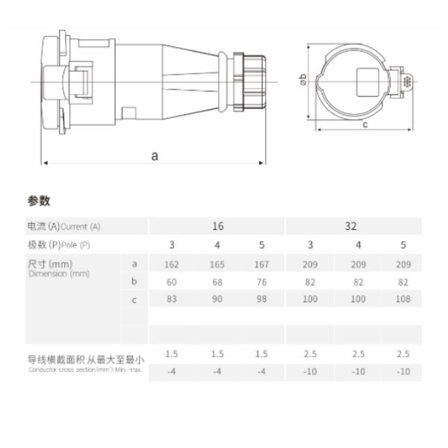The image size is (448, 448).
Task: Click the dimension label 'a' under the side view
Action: pos(155,156)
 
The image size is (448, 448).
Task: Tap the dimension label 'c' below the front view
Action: pos(365,125)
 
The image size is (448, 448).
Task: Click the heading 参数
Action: pos(38,201)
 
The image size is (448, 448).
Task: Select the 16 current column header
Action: pos(217,225)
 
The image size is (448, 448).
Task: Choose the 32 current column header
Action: pos(351,225)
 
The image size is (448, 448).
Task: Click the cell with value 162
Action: pos(172,264)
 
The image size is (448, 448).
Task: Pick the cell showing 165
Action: pos(217,264)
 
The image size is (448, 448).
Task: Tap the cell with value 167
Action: pos(261,264)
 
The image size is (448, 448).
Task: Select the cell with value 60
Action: pos(172,282)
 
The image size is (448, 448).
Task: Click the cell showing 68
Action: pos(217,282)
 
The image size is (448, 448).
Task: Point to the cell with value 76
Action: pos(261,282)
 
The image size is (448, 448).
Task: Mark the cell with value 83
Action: pos(172,300)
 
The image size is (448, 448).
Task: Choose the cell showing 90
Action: pos(217,300)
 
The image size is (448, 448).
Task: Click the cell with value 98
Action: pos(261,300)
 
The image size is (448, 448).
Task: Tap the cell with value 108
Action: pos(403,300)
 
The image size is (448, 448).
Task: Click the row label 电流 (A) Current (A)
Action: pos(63,226)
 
